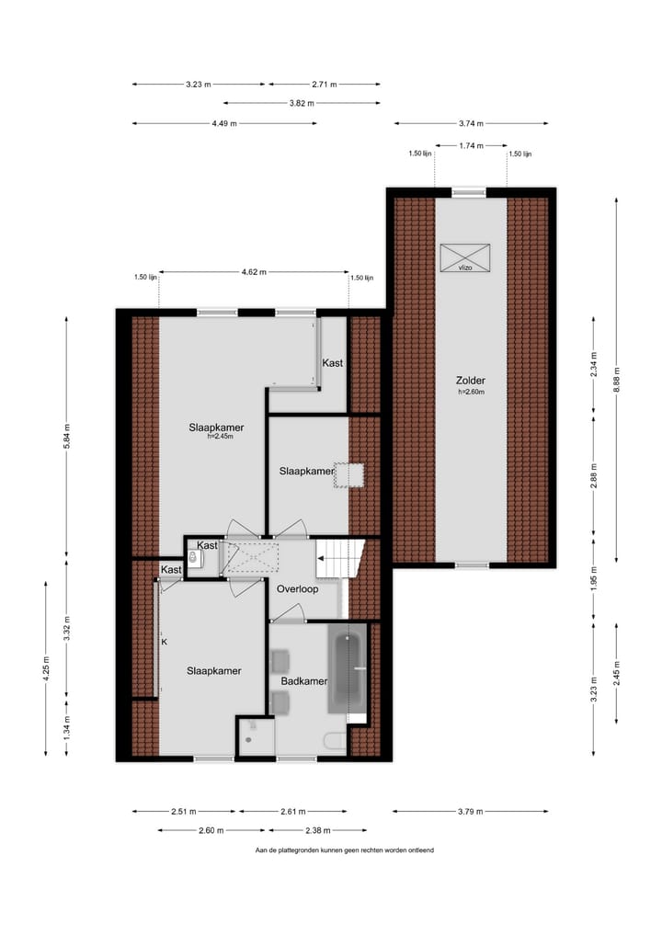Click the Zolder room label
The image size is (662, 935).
[x=469, y=380]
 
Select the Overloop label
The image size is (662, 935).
[x=298, y=588]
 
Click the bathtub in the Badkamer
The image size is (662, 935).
[x=347, y=669]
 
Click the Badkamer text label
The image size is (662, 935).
[x=304, y=681]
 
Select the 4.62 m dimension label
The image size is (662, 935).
[x=254, y=272]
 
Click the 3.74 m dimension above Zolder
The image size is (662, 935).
[x=471, y=123]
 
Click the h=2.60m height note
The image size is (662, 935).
[x=470, y=393]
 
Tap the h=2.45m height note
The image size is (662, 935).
[x=220, y=437]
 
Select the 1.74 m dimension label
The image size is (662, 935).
[x=470, y=145]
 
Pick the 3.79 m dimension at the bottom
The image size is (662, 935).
[x=471, y=812]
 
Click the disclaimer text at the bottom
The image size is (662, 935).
[x=345, y=850]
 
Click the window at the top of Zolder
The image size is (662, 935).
[x=470, y=192]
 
